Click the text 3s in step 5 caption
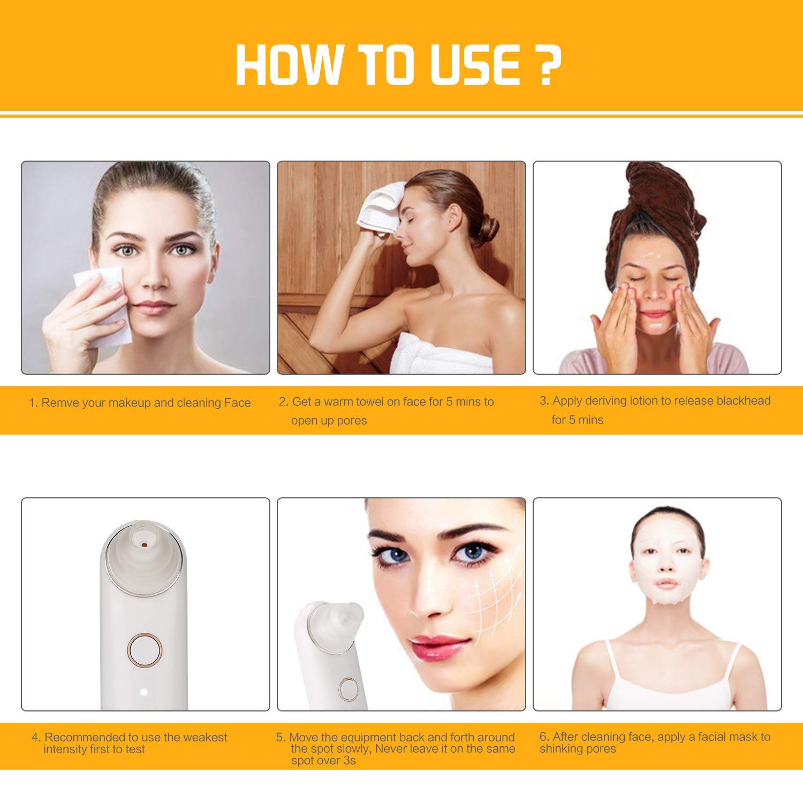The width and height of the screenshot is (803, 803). pyautogui.click(x=349, y=760)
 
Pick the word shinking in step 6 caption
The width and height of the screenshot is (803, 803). pyautogui.click(x=561, y=748)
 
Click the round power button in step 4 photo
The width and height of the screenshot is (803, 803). pyautogui.click(x=144, y=650)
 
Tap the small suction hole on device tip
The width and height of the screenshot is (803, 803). pyautogui.click(x=144, y=545)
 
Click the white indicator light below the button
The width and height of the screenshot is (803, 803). pyautogui.click(x=143, y=692)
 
